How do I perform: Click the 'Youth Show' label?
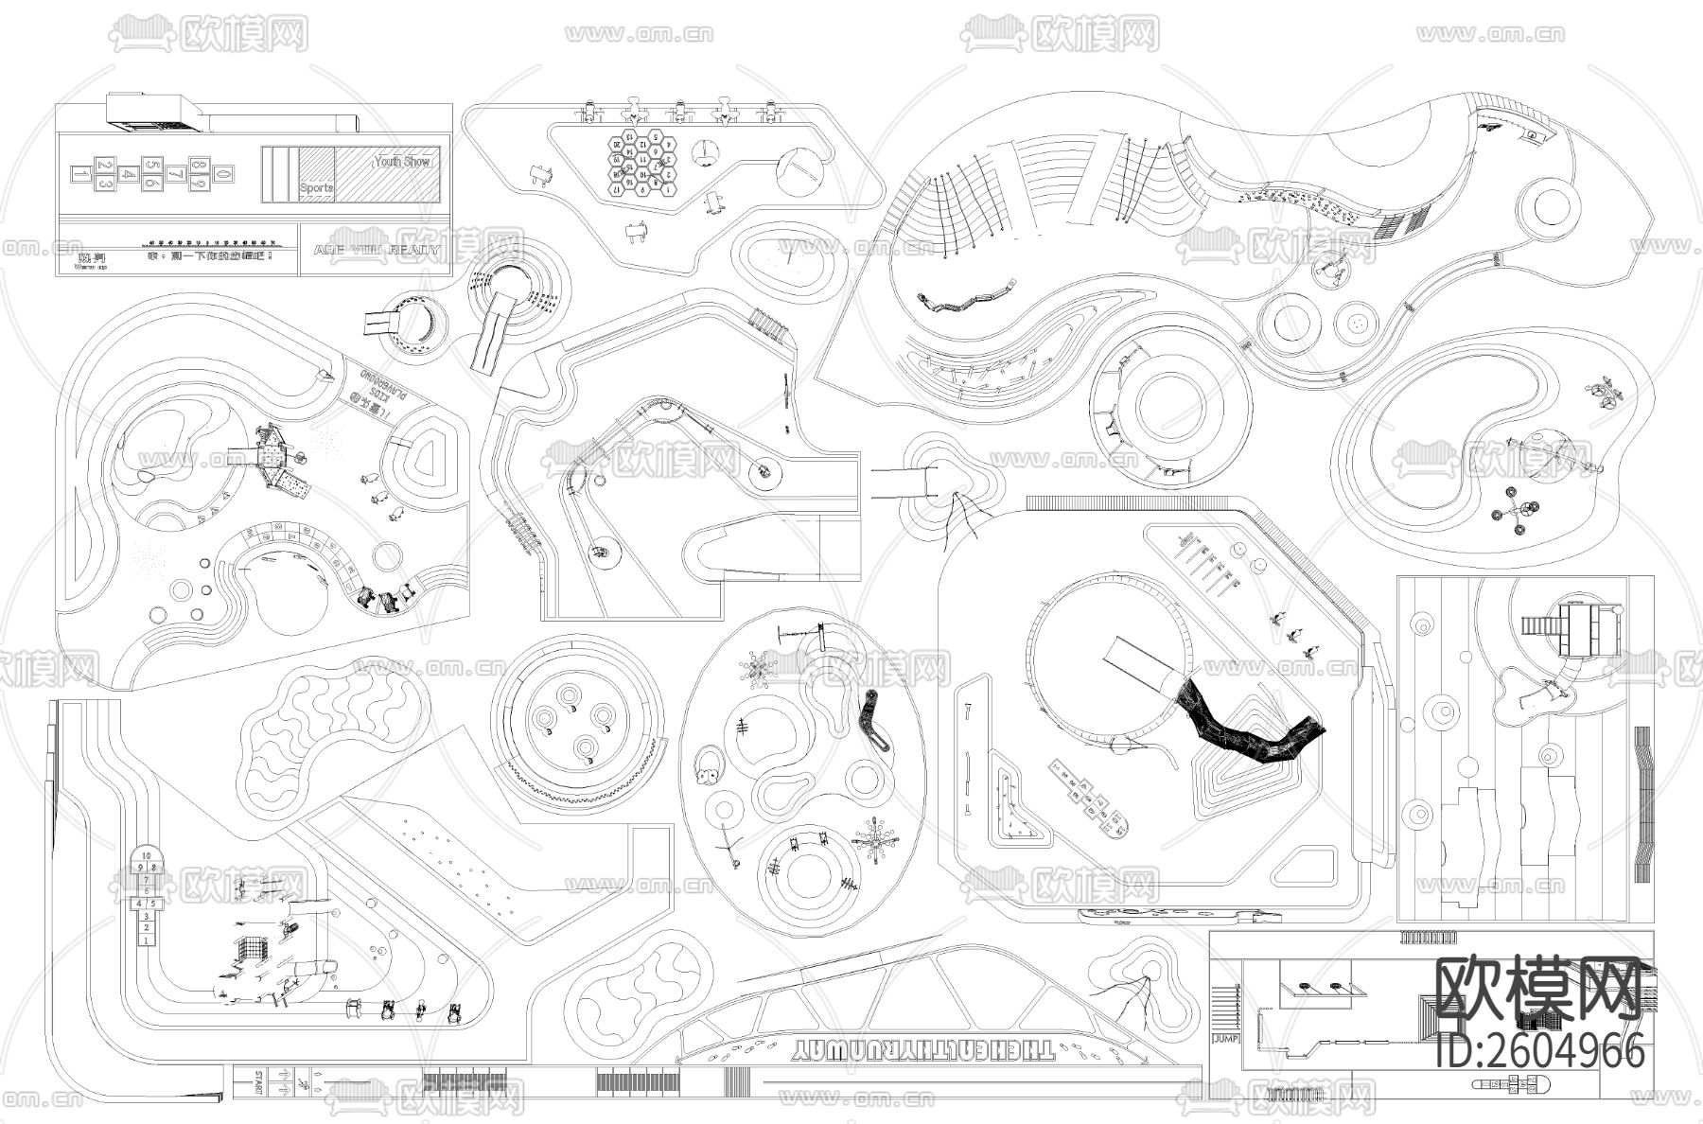(402, 162)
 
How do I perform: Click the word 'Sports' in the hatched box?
(316, 187)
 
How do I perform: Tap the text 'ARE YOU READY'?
(377, 250)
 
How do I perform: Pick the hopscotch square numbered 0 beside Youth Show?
(221, 174)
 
